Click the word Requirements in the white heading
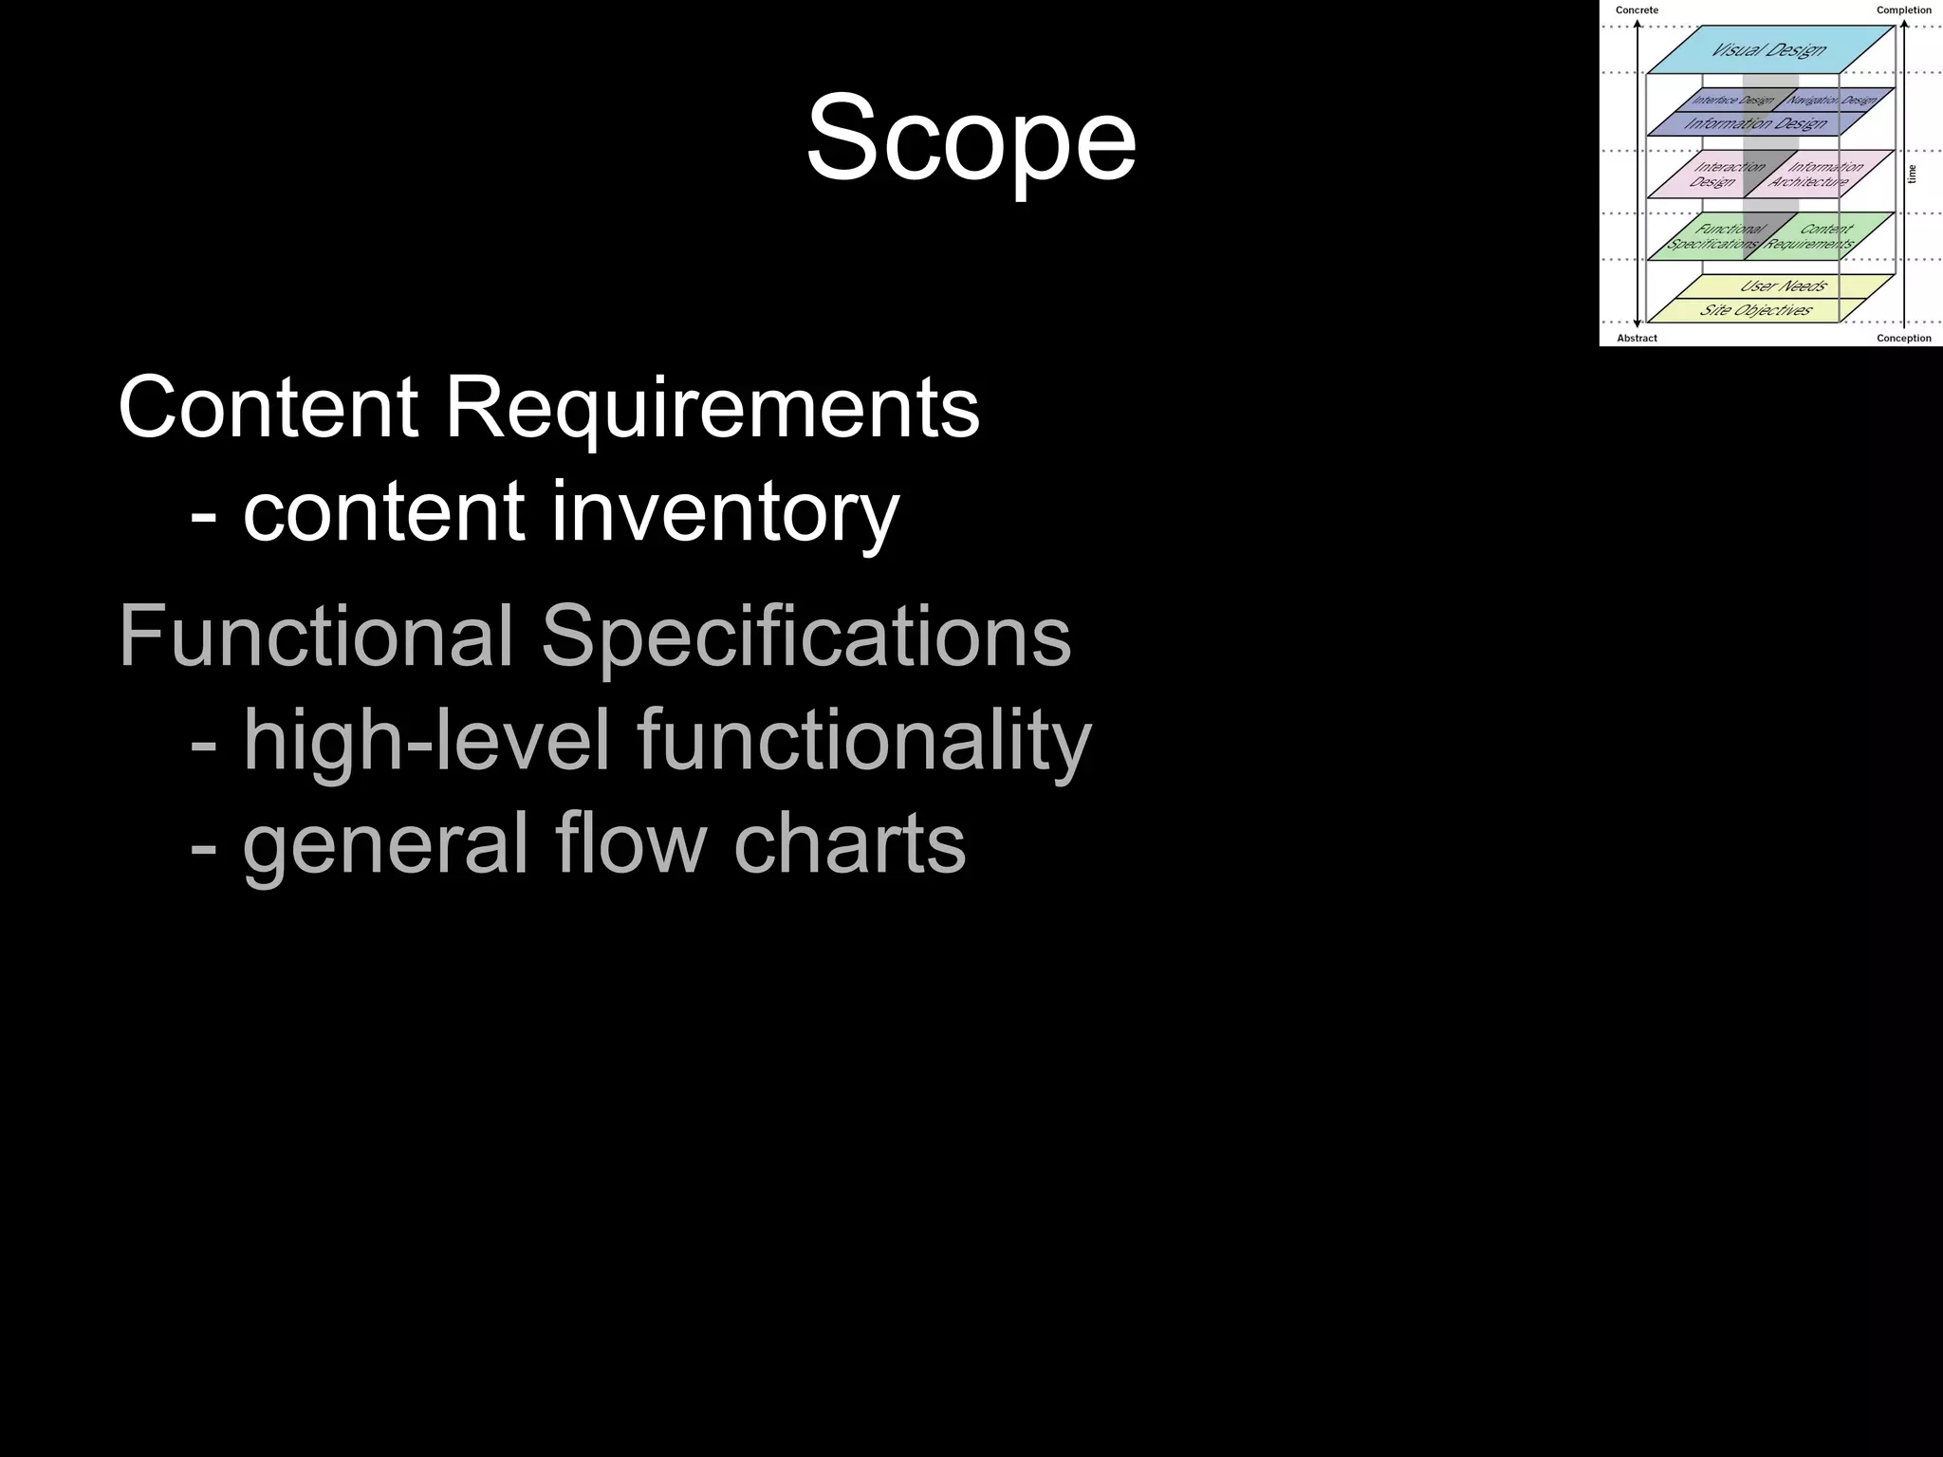[712, 408]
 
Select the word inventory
[725, 512]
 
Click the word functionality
[864, 741]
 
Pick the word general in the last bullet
[385, 844]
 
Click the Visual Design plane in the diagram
[1768, 49]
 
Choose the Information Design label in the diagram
[1756, 123]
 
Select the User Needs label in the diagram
[1784, 286]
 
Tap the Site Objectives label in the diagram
[1756, 310]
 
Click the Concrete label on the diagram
[1638, 10]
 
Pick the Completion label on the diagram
[1903, 10]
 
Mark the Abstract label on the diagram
[1638, 338]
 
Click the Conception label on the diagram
[1903, 338]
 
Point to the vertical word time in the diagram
[1912, 174]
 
